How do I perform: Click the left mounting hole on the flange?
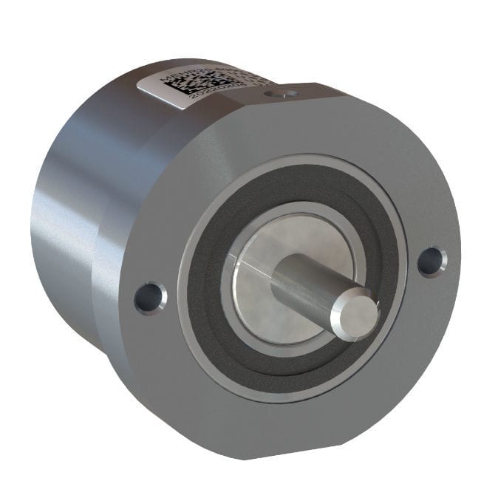[x=150, y=297]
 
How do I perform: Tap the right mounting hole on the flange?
[x=432, y=261]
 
